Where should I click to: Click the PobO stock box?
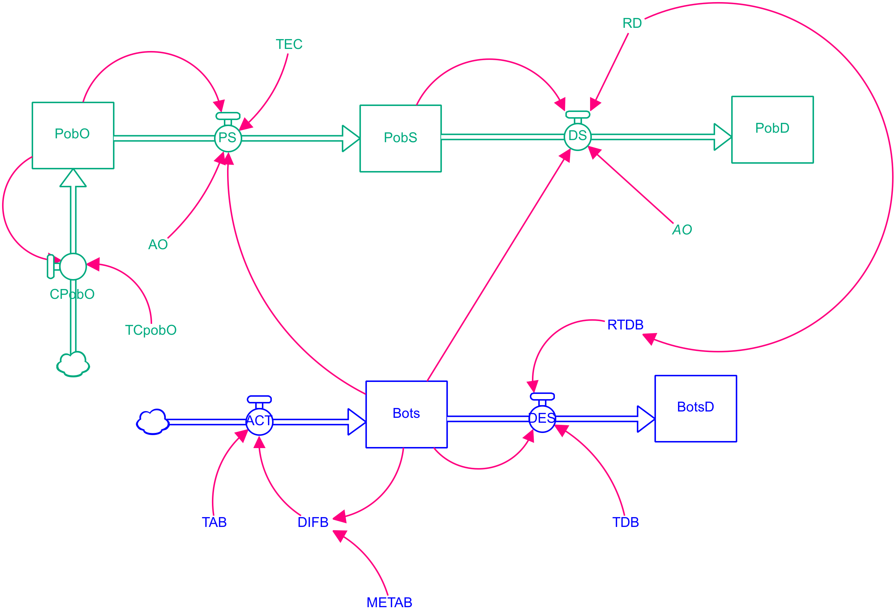click(x=73, y=135)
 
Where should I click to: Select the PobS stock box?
click(x=400, y=138)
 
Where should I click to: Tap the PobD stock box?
click(x=772, y=130)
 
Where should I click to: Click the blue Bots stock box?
click(x=406, y=414)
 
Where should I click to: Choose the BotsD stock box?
click(x=696, y=408)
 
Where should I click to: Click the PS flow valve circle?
click(x=228, y=138)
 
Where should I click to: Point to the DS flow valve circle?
click(x=577, y=137)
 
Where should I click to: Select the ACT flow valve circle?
click(x=259, y=422)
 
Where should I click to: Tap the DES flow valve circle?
click(x=542, y=419)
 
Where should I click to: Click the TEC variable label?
click(x=289, y=44)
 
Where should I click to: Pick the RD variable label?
click(x=632, y=23)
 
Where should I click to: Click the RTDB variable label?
click(x=625, y=325)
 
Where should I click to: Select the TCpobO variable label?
click(x=151, y=330)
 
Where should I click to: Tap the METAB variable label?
click(x=389, y=602)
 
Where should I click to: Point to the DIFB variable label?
click(x=313, y=522)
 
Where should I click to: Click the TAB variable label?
click(x=214, y=522)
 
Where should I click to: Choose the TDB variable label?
click(x=626, y=522)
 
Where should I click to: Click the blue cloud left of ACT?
click(x=153, y=422)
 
